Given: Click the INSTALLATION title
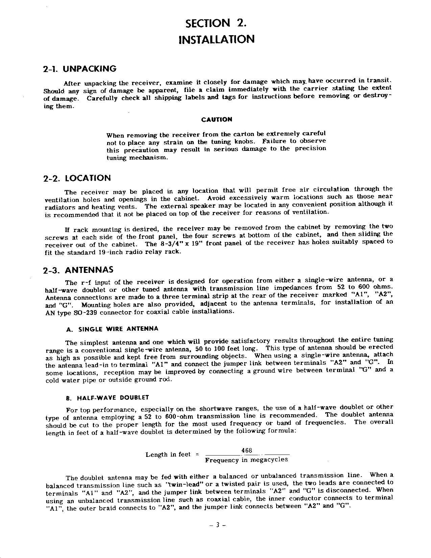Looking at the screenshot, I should coord(216,39).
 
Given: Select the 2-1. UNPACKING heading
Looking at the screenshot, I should coord(80,69).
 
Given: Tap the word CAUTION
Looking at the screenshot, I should coord(216,120).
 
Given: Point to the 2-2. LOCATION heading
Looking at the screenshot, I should coord(77,178).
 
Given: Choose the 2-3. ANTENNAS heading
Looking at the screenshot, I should coord(78,271).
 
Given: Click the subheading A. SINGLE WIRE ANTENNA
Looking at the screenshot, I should coord(112,329).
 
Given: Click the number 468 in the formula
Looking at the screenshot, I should coord(247,450).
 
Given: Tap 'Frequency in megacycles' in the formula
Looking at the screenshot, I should coord(246,460).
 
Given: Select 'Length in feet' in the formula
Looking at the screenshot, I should coord(168,455).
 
